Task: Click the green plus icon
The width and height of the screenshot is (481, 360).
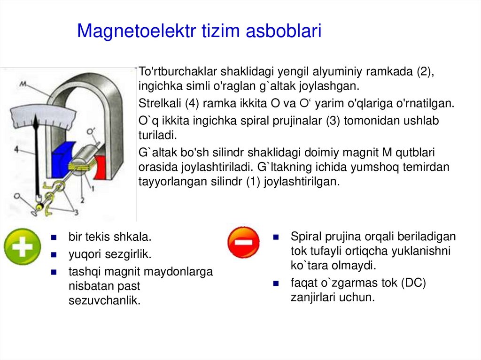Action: [22, 246]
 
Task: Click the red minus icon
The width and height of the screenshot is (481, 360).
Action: [243, 242]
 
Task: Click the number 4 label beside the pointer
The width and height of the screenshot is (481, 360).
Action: [16, 149]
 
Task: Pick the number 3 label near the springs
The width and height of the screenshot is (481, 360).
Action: [76, 213]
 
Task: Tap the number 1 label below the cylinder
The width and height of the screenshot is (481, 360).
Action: [94, 189]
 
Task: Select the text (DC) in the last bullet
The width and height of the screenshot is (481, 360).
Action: [413, 283]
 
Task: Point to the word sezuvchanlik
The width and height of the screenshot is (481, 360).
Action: [104, 300]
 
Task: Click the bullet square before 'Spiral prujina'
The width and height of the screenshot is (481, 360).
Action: [277, 237]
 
